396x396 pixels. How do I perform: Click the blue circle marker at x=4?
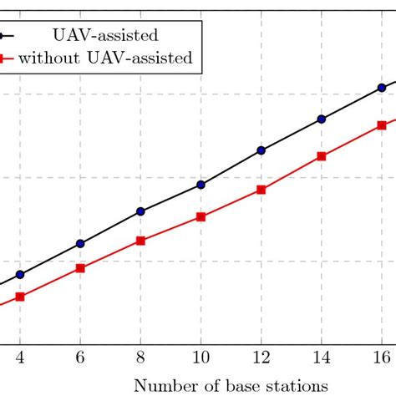(x=20, y=274)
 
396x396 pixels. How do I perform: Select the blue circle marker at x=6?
(x=80, y=243)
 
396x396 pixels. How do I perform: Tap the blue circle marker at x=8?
(x=140, y=211)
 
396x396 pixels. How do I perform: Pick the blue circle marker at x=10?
(x=201, y=184)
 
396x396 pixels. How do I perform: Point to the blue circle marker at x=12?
(x=261, y=150)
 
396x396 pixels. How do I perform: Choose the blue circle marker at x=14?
(x=321, y=119)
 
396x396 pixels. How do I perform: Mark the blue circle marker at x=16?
(x=381, y=87)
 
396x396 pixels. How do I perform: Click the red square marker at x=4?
(x=20, y=297)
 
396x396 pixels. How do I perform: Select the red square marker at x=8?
(x=140, y=241)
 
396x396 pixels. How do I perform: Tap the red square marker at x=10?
(x=201, y=217)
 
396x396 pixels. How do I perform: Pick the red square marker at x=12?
(x=261, y=190)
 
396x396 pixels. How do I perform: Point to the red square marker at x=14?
(x=321, y=156)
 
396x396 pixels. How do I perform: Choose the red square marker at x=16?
(x=381, y=124)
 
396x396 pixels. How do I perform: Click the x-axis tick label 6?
(x=80, y=357)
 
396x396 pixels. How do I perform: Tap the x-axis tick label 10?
(x=201, y=357)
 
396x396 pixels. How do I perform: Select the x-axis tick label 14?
(x=321, y=357)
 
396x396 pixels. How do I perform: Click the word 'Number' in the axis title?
(x=158, y=385)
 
